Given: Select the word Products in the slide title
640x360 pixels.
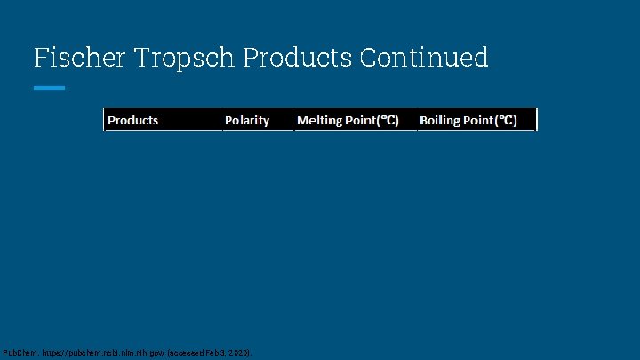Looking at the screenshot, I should coord(297,58).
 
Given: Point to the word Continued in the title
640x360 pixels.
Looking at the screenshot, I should coord(424,58).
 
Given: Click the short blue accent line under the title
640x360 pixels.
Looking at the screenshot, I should coord(49,88).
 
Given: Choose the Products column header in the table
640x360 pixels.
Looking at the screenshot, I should coord(133,120).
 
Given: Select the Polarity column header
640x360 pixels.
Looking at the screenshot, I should coord(247,120).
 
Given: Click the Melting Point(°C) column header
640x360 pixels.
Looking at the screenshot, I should coord(348,120).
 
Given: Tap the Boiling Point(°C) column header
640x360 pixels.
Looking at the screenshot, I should coord(468,120).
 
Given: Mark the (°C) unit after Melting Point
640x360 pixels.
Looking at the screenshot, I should coord(388,120).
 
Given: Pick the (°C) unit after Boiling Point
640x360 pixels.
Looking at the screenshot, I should coord(507,120).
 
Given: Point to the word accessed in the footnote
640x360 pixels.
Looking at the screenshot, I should coord(187,353).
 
